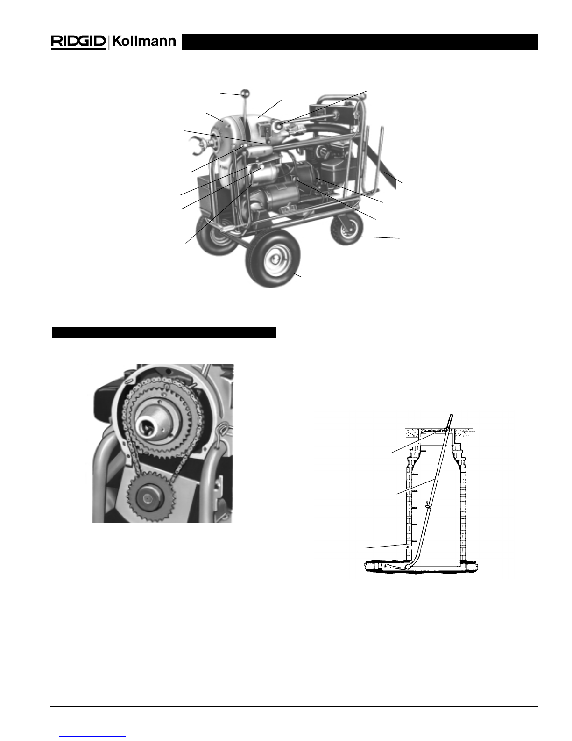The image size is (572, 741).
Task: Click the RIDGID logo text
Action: (78, 42)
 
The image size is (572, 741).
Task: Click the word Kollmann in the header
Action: (144, 42)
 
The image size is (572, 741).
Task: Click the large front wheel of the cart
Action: (273, 259)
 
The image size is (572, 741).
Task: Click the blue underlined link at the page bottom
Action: (92, 738)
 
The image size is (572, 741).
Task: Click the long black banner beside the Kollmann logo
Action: (360, 42)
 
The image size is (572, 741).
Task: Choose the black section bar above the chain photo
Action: (164, 332)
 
